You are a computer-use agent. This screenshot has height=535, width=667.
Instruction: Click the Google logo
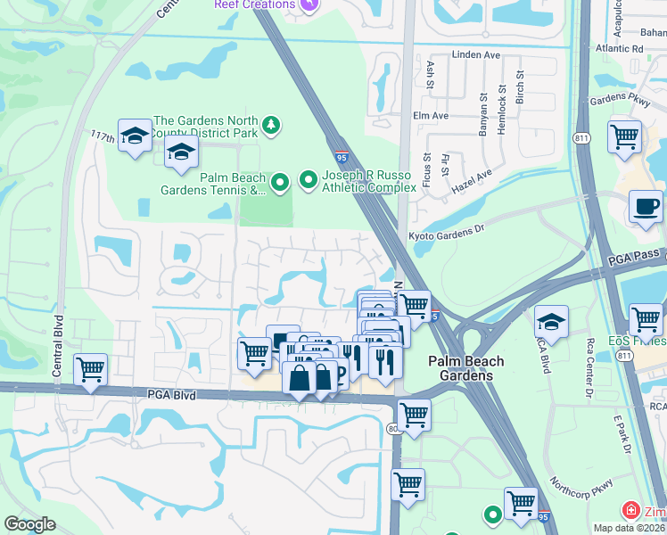tap(30, 524)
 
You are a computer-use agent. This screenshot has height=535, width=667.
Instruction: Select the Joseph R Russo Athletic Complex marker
tap(308, 180)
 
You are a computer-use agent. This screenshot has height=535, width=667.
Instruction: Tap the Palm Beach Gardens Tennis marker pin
tap(280, 183)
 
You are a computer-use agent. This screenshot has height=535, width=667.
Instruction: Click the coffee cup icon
tap(645, 208)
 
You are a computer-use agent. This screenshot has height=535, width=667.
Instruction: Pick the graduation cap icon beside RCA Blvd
tap(552, 322)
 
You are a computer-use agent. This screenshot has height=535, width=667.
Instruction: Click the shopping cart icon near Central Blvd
tap(90, 370)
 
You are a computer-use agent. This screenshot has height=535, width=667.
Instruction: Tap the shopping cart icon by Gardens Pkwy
tap(624, 138)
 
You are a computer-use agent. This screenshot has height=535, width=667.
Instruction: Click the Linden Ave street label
tap(478, 55)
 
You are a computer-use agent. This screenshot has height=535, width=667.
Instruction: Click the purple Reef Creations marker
tap(309, 4)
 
